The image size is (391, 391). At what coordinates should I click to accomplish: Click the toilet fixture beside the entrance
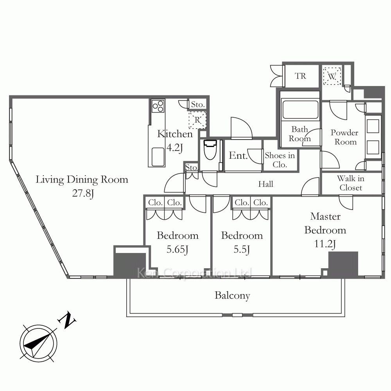[210, 150]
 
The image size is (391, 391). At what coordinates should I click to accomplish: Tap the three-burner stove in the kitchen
[158, 106]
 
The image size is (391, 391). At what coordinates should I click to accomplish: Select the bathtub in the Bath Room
[300, 109]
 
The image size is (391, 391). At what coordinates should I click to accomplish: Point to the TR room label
[300, 76]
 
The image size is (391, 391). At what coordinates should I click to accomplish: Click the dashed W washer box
[332, 76]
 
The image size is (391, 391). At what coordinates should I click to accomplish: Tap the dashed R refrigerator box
[197, 120]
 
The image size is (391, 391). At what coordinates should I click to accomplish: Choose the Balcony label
[232, 296]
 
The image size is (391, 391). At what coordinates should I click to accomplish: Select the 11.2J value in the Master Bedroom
[325, 244]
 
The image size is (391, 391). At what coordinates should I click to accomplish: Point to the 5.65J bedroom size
[177, 249]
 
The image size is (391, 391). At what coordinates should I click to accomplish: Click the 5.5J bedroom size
[242, 249]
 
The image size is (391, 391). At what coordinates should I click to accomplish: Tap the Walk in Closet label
[351, 183]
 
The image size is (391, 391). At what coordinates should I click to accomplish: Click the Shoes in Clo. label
[280, 160]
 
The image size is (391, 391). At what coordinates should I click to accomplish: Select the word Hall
[265, 184]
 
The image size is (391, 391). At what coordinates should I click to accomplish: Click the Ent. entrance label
[238, 156]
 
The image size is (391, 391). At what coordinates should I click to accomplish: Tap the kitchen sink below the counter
[158, 156]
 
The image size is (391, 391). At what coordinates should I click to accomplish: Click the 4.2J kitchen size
[174, 148]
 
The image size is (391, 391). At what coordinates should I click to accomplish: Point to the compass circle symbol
[38, 343]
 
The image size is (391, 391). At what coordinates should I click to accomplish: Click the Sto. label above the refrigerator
[198, 104]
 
